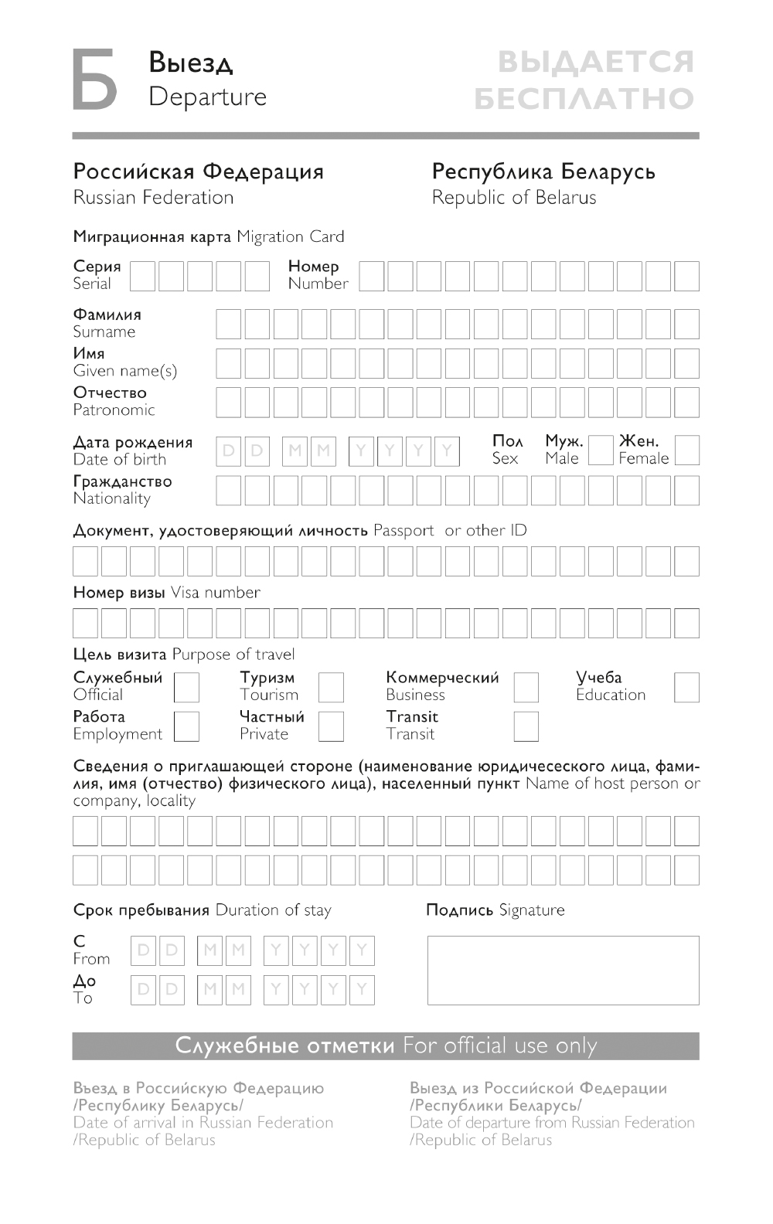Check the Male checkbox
click(600, 450)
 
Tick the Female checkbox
click(686, 450)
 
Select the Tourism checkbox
click(331, 687)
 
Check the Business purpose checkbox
click(526, 687)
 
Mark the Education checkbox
click(686, 687)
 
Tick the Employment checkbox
click(186, 726)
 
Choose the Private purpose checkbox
click(331, 726)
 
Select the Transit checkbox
click(526, 726)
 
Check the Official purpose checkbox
click(186, 687)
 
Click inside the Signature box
click(563, 970)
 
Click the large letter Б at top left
click(94, 79)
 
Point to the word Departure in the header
click(207, 97)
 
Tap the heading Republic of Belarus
click(514, 198)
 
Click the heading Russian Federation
click(153, 198)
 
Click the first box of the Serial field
click(142, 276)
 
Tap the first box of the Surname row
click(228, 325)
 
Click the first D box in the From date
click(143, 950)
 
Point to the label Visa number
click(215, 593)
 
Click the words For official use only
click(500, 1046)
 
